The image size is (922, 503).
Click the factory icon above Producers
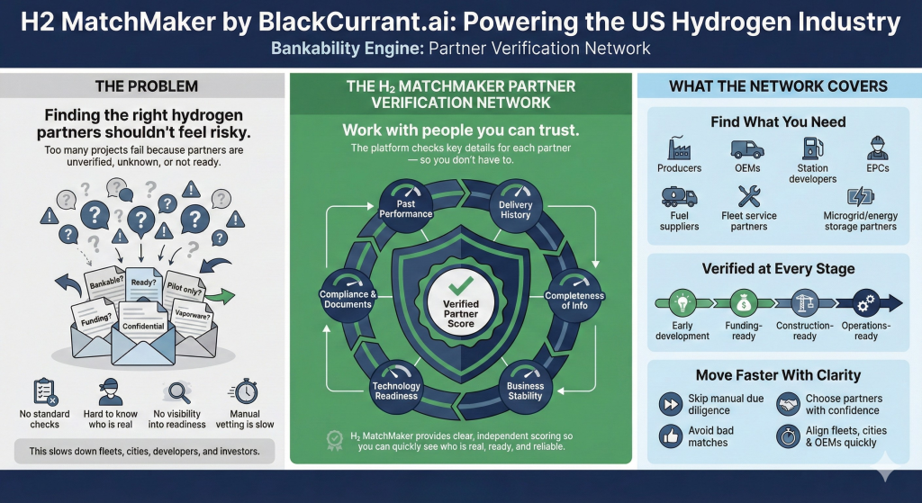click(679, 148)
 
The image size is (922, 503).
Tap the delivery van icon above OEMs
click(747, 148)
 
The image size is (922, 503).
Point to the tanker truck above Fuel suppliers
click(679, 196)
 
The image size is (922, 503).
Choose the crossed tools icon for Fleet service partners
click(749, 196)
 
